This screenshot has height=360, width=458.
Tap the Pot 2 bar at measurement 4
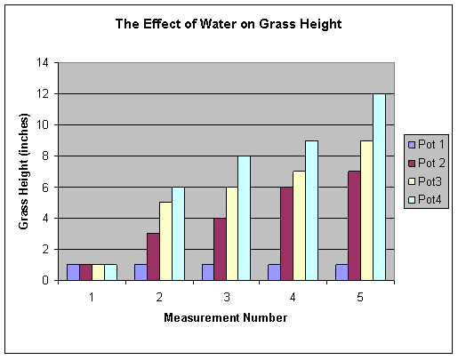click(285, 233)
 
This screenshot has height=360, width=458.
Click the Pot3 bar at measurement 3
click(231, 233)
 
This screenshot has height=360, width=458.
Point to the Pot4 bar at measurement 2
click(177, 233)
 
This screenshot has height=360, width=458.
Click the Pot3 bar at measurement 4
click(299, 226)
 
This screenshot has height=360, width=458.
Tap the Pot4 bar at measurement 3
click(245, 218)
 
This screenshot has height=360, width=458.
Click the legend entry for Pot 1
click(425, 144)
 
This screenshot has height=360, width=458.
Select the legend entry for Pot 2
click(425, 162)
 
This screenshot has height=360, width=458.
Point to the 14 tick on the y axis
click(41, 63)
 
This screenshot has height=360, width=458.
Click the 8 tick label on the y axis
click(44, 156)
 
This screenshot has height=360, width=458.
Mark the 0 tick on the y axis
click(44, 281)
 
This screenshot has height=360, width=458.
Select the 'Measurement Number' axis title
click(225, 317)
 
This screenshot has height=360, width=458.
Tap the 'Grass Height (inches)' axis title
click(24, 172)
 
